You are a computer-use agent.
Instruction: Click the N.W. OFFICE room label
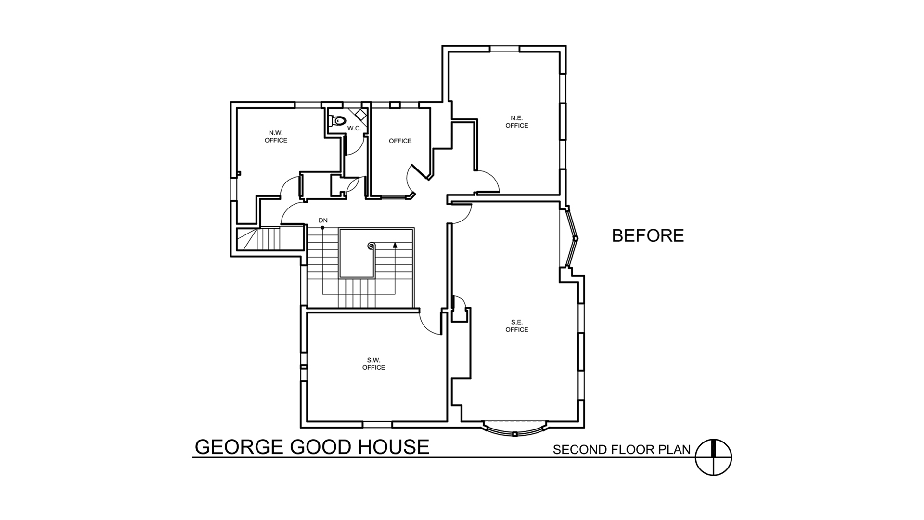point(276,137)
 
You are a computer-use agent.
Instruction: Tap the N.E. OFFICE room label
point(517,122)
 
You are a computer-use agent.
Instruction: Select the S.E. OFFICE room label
point(517,326)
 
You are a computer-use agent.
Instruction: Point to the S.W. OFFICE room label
point(373,364)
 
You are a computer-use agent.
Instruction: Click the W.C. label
point(354,128)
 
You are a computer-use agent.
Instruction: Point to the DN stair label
point(323,221)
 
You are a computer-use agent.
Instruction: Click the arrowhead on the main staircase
point(395,244)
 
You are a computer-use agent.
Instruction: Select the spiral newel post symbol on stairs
point(371,246)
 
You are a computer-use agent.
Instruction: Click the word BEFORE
point(648,235)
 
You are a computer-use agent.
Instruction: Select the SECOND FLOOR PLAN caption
point(622,450)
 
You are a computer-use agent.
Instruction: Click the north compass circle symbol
point(713,457)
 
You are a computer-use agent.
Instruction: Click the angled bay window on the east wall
point(572,237)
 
